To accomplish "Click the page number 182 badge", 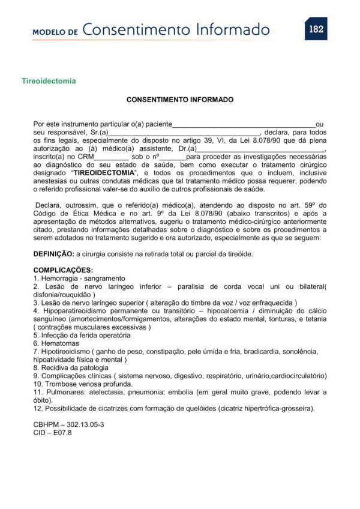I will pos(316,29).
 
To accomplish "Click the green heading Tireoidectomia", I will pos(49,80).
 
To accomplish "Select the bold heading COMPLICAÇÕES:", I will pos(63,270).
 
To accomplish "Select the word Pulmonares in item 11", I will pos(63,391).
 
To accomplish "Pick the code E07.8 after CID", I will pos(60,432).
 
